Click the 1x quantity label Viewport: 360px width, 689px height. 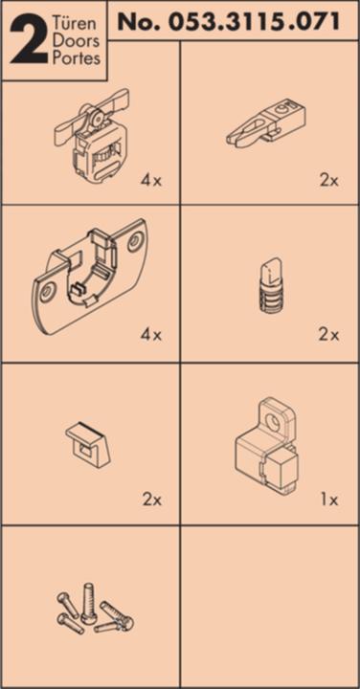pos(328,500)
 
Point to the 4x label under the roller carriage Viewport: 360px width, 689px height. pos(150,179)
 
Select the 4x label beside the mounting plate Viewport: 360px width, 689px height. pos(150,335)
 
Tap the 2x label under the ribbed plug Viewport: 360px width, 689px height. pos(328,335)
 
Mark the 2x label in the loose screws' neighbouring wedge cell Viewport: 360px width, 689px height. pos(150,500)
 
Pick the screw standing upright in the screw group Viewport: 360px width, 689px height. pos(88,602)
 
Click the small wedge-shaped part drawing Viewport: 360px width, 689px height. pos(88,443)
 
